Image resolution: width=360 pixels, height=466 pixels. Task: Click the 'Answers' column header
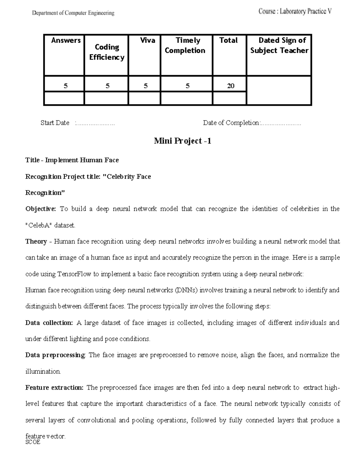click(66, 41)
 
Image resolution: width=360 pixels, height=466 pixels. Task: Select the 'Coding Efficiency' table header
click(107, 52)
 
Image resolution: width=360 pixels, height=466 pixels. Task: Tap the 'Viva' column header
click(148, 41)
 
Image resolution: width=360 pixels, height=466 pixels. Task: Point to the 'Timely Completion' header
click(185, 45)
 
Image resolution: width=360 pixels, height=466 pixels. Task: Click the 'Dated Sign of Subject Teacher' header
click(279, 45)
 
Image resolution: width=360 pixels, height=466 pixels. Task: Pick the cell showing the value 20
click(230, 86)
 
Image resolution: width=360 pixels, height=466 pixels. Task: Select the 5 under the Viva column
click(145, 86)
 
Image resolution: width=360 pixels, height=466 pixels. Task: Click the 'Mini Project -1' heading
click(182, 141)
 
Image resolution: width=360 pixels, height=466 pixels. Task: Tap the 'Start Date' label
click(55, 123)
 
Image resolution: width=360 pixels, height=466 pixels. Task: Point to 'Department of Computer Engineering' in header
click(73, 13)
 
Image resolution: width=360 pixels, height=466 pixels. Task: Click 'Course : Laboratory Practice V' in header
click(295, 12)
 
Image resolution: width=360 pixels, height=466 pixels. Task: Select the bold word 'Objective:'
click(40, 209)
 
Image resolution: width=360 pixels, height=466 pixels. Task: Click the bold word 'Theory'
click(36, 242)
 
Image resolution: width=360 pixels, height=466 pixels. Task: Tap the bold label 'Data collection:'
click(49, 323)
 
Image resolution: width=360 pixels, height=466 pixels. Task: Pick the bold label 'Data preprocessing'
click(55, 355)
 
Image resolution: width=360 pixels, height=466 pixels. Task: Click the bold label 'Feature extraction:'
click(54, 388)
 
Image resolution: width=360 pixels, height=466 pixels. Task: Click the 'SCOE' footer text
click(33, 442)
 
